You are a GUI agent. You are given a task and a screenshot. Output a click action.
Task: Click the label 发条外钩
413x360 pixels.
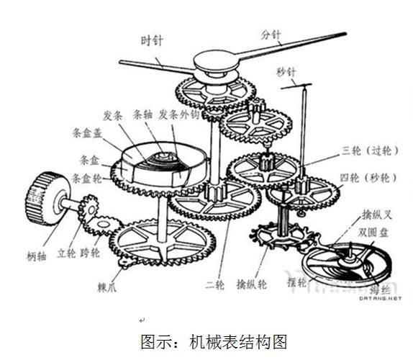[x=178, y=114]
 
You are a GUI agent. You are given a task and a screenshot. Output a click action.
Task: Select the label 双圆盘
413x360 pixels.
[x=373, y=233]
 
